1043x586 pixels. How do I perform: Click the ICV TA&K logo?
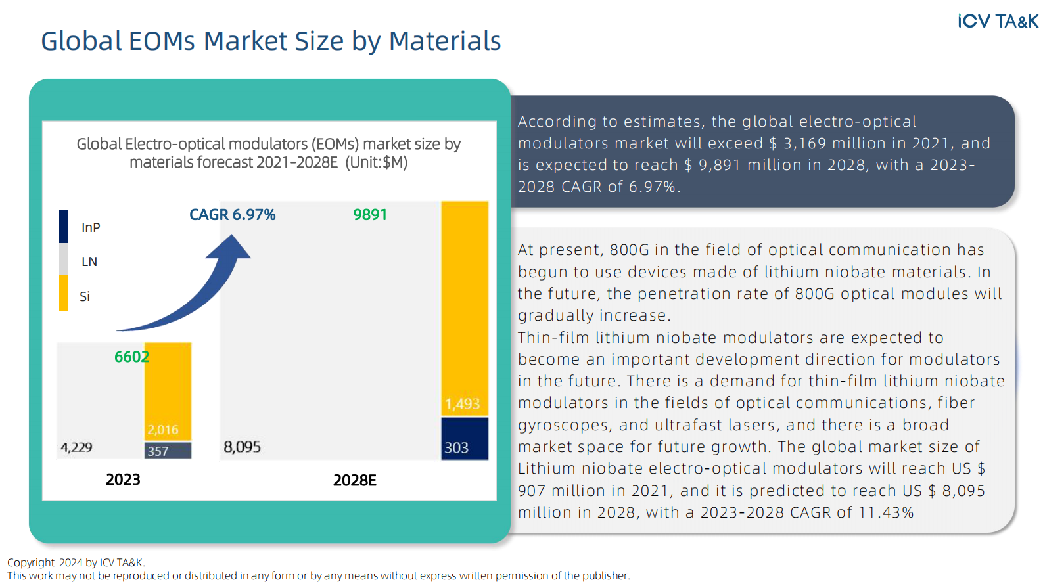pos(998,21)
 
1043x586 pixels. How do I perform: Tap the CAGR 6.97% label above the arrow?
pos(232,215)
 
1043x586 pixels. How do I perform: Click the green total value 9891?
pos(370,215)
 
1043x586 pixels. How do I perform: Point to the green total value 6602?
pos(131,357)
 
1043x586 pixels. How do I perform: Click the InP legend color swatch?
pos(64,227)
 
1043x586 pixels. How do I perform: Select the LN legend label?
pos(89,261)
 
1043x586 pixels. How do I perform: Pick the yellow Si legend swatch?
pos(64,294)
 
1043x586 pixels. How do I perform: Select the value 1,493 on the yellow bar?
pos(462,403)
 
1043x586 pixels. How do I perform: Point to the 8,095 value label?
pos(242,447)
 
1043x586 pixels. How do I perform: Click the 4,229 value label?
pos(76,447)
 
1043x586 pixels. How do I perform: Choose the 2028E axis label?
pos(354,480)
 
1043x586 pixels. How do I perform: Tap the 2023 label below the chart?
pos(123,480)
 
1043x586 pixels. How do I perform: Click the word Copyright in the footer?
pos(31,562)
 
